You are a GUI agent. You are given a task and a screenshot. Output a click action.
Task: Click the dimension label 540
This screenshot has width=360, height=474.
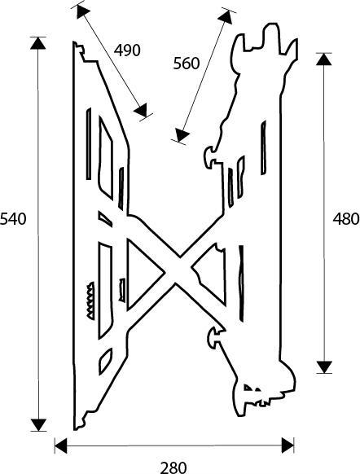13,219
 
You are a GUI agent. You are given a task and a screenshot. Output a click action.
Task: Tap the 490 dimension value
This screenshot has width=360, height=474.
127,50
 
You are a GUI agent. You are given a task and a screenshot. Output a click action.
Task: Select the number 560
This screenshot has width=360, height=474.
187,64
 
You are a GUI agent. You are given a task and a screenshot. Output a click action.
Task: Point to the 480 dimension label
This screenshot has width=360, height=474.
346,218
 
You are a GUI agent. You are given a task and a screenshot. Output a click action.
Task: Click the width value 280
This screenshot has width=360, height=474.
173,467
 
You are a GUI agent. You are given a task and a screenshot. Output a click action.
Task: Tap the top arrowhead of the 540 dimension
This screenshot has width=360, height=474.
37,42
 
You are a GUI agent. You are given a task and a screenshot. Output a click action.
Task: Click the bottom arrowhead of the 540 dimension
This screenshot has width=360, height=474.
38,425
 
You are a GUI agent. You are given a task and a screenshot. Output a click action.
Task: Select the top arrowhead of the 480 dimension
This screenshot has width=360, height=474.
324,59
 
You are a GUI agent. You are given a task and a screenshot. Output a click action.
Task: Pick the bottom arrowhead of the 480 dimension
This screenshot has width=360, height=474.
325,367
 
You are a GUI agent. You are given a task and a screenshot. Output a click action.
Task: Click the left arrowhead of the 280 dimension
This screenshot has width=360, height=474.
61,445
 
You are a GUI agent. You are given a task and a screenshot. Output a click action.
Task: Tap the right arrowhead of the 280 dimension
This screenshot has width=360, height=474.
288,445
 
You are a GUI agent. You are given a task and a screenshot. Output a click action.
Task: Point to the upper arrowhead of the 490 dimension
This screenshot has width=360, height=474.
82,11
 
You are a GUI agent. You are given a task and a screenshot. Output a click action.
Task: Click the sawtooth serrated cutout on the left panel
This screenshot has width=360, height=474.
90,301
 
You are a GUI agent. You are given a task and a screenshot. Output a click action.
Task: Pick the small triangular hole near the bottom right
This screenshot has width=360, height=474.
248,387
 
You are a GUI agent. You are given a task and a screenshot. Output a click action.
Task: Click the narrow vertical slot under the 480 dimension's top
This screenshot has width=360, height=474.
264,147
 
